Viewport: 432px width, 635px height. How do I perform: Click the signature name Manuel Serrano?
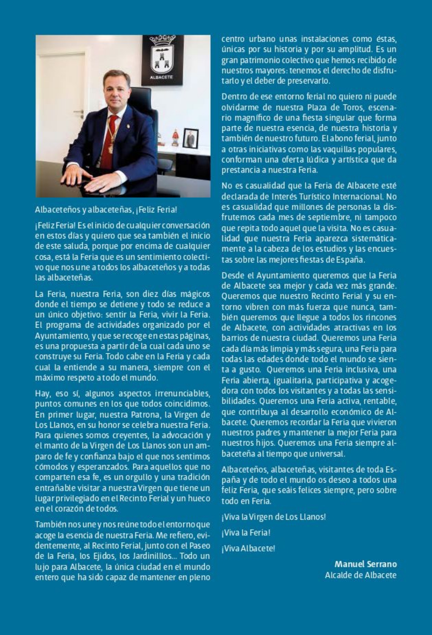pyautogui.click(x=365, y=564)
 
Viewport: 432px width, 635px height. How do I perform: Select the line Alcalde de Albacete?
pyautogui.click(x=360, y=575)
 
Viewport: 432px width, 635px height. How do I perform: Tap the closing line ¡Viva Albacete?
pyautogui.click(x=248, y=548)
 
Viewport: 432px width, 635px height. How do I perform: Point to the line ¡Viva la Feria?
pyautogui.click(x=246, y=532)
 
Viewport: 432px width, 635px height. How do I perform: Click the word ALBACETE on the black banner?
pyautogui.click(x=161, y=77)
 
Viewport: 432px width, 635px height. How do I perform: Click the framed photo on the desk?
pyautogui.click(x=190, y=138)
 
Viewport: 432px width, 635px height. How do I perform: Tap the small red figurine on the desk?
pyautogui.click(x=175, y=138)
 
